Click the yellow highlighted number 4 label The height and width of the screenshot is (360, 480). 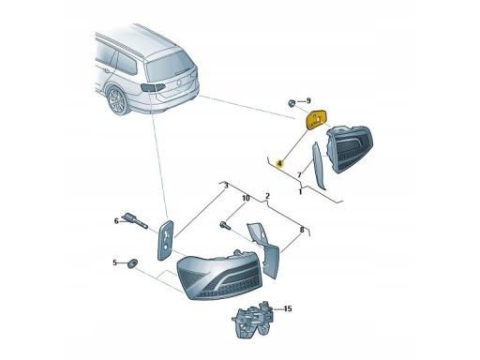(x=279, y=163)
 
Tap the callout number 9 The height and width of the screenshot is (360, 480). (x=308, y=101)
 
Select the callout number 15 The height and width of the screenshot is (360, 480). (x=288, y=308)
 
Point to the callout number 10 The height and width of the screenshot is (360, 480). (x=246, y=198)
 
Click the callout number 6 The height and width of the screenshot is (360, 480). (x=116, y=221)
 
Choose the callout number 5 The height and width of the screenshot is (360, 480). (x=114, y=262)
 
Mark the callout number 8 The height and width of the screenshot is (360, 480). (x=302, y=230)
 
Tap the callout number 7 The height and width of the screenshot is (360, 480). (x=299, y=175)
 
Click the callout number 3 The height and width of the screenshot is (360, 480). (x=226, y=186)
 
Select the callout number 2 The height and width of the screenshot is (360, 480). (x=267, y=196)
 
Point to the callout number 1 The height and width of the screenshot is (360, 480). (x=300, y=191)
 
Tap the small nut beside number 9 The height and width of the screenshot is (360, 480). (x=292, y=103)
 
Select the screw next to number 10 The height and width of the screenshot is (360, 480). (x=225, y=225)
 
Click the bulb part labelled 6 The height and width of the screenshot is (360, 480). (x=135, y=220)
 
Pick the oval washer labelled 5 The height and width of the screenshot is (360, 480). (x=133, y=263)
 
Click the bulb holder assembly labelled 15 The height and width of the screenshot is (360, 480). (x=253, y=319)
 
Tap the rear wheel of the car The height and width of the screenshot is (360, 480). (x=116, y=100)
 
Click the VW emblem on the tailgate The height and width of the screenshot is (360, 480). (x=179, y=83)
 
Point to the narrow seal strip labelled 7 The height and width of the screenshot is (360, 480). (x=318, y=166)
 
